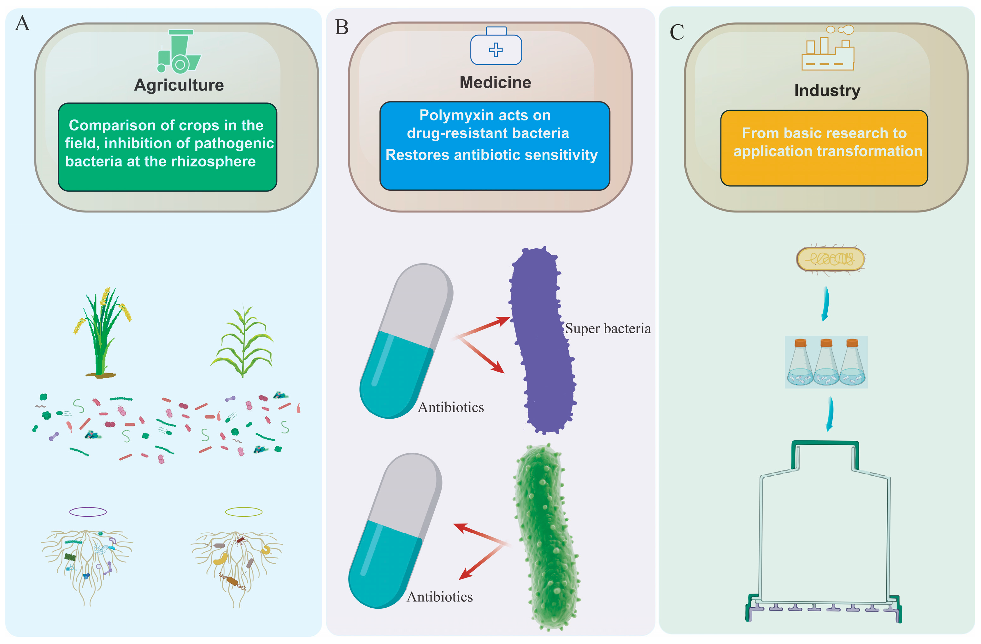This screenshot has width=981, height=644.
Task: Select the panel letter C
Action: (x=677, y=32)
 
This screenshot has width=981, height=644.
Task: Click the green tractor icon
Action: (x=179, y=51)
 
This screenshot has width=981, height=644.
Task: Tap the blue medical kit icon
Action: (x=496, y=46)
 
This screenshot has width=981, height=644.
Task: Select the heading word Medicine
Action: (x=496, y=82)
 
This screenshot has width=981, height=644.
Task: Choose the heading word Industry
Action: (x=827, y=91)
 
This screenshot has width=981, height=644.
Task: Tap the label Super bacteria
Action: (x=608, y=328)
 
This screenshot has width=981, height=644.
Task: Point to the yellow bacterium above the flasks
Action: (x=831, y=259)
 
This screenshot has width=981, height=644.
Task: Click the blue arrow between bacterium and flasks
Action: (x=825, y=303)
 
